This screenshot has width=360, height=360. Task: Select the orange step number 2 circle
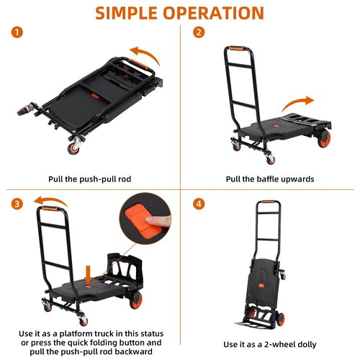pyautogui.click(x=199, y=32)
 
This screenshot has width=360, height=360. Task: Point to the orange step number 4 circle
pyautogui.click(x=199, y=203)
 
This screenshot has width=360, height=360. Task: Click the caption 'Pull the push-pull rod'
pyautogui.click(x=90, y=179)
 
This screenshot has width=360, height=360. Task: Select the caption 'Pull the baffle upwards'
pyautogui.click(x=270, y=179)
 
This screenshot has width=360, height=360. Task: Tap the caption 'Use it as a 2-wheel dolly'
pyautogui.click(x=270, y=344)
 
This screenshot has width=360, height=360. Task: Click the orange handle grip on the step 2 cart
pyautogui.click(x=235, y=52)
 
